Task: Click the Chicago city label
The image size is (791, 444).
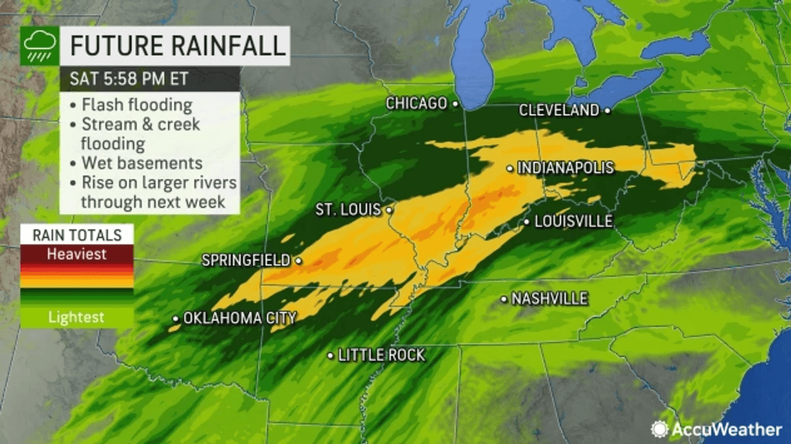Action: click(x=416, y=103)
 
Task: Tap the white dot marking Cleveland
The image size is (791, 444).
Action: click(x=607, y=110)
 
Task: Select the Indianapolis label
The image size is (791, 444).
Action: click(x=565, y=168)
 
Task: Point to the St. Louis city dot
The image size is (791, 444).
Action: click(x=388, y=209)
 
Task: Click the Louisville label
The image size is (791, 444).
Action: click(x=573, y=222)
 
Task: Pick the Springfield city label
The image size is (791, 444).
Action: click(x=246, y=260)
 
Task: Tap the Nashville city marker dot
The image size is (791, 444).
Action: click(x=504, y=299)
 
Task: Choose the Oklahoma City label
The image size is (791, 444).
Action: click(x=240, y=318)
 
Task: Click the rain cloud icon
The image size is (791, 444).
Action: click(x=39, y=46)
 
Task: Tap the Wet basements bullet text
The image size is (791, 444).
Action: click(x=141, y=163)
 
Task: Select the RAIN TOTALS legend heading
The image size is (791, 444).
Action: click(x=77, y=235)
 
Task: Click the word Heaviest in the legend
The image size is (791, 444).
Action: click(x=77, y=255)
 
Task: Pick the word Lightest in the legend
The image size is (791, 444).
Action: click(x=77, y=317)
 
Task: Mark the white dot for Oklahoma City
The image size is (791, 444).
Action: click(x=176, y=318)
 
